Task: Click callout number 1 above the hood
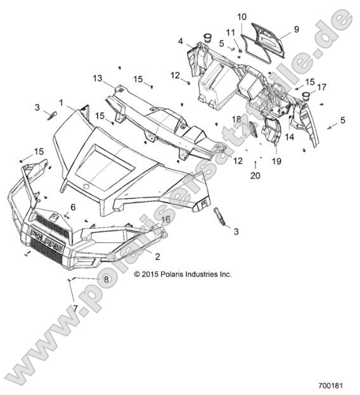[x=61, y=102]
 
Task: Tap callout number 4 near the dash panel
[x=181, y=41]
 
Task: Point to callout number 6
[x=73, y=207]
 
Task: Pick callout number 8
[x=106, y=279]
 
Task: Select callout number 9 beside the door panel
[x=295, y=29]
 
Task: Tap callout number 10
[x=242, y=16]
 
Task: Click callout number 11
[x=231, y=32]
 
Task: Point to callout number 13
[x=97, y=78]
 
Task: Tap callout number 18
[x=236, y=119]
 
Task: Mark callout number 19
[x=277, y=161]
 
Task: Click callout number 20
[x=255, y=175]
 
